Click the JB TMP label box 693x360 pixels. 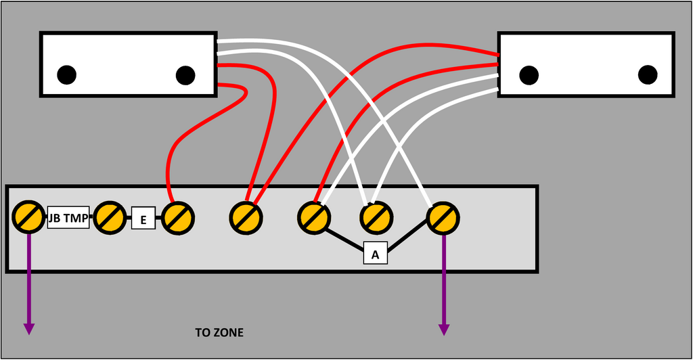point(68,218)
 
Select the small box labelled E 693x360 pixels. point(143,219)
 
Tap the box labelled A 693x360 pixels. point(375,254)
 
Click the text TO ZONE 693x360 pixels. point(219,333)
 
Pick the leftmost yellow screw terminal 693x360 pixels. point(28,217)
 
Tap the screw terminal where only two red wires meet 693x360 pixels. point(245,217)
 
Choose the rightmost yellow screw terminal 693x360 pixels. point(443,217)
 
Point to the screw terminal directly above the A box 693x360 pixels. point(375,217)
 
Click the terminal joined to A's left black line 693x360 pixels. point(314,217)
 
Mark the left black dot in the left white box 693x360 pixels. point(66,75)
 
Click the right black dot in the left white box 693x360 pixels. point(185,75)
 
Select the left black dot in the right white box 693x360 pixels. point(529,74)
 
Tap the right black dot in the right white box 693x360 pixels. point(648,74)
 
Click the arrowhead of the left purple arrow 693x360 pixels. point(28,329)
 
